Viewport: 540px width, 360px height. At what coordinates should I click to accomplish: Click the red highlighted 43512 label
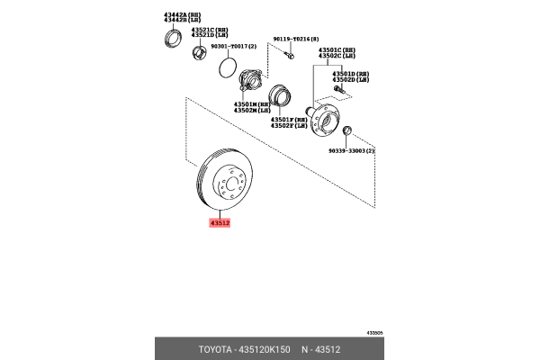click(220, 221)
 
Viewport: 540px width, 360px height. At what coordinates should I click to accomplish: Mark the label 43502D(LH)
click(351, 80)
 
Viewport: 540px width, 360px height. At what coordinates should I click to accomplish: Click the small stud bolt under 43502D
click(339, 90)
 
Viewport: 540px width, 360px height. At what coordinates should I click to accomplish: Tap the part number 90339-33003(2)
click(351, 152)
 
